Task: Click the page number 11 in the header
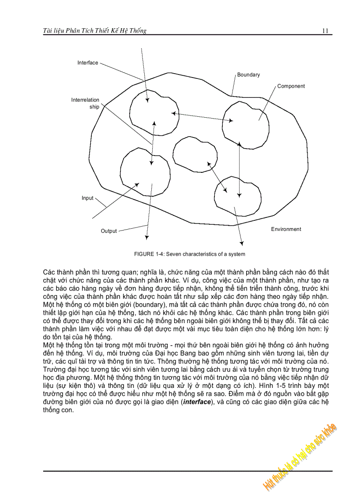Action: pos(326,31)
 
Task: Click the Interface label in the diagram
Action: pos(88,63)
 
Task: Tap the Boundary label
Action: pos(248,74)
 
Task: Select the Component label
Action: pos(291,86)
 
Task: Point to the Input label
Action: pos(87,198)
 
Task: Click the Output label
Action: pos(109,231)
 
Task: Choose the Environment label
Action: pos(286,229)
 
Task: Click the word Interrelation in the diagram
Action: pos(85,100)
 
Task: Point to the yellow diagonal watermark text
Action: pos(300,456)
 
